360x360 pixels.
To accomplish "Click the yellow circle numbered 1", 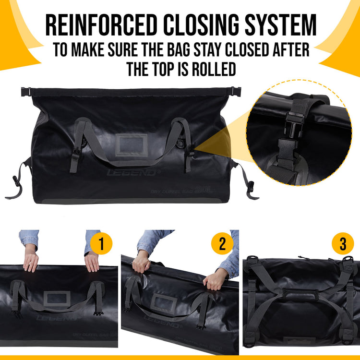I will (x=101, y=244).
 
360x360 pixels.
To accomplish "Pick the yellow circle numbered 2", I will (x=222, y=244).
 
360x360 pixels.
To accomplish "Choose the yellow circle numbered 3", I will (x=343, y=244).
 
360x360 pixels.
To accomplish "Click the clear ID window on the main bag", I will (x=131, y=144).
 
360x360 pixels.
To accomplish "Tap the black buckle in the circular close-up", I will (x=294, y=129).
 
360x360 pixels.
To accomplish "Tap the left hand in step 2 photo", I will (x=142, y=262).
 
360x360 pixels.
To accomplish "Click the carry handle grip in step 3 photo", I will (x=296, y=293).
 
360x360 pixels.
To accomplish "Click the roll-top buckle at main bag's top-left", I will (x=26, y=91).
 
